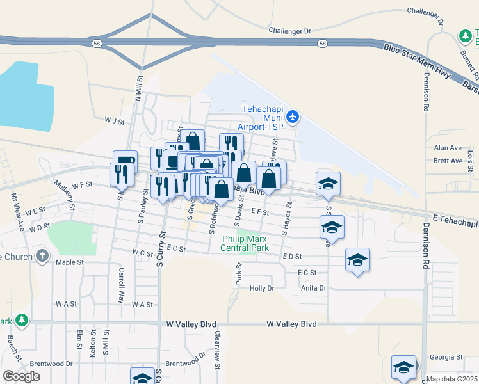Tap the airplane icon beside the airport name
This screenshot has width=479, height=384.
coord(293,116)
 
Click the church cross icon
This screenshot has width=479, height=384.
coord(42,257)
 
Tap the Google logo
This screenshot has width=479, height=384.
coord(21,376)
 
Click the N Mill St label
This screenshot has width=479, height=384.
coord(138,86)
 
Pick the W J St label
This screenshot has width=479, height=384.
coord(114,119)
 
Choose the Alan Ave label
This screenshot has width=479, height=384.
coord(448,148)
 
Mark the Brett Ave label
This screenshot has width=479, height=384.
coord(448,161)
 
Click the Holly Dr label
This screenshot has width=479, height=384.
coord(261,289)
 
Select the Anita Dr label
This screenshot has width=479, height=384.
coord(314,288)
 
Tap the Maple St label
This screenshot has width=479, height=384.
coord(70,262)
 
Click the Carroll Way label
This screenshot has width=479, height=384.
coord(120,284)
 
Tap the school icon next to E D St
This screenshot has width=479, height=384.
coord(357,260)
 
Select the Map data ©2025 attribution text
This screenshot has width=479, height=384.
coord(452,379)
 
